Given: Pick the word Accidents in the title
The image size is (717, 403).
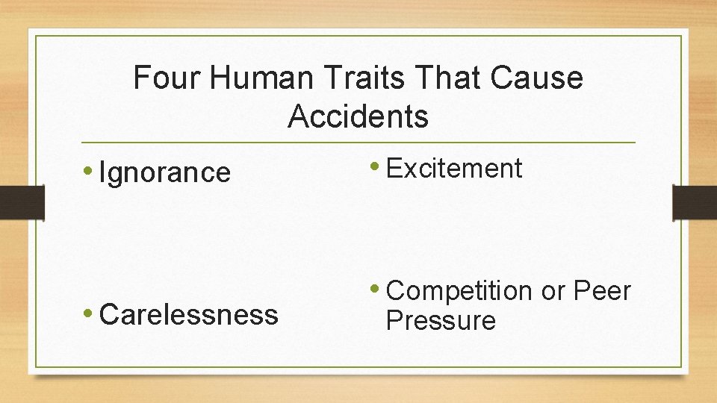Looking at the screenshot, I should pos(358,116).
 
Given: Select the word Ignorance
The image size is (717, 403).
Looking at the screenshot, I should pos(165,173).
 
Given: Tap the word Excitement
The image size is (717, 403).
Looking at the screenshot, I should pos(454,169).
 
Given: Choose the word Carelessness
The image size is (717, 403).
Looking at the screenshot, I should pos(188,315).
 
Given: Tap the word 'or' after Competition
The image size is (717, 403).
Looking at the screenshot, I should pos(553,292).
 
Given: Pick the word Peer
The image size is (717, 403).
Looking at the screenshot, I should pos(602,291).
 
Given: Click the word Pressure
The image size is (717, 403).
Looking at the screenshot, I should pos(441,322).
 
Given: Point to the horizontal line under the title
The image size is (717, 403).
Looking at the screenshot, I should pos(358,142).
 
